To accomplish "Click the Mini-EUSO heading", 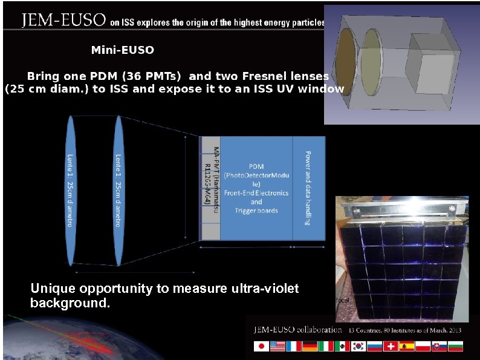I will click(x=122, y=50).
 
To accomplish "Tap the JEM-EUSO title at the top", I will click(x=63, y=22).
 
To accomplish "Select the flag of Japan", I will click(x=261, y=347).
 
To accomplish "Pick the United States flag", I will click(x=277, y=347).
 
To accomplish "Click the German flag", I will click(x=310, y=347).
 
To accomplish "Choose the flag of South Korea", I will click(x=359, y=347).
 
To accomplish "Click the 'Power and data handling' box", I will click(x=308, y=188).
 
